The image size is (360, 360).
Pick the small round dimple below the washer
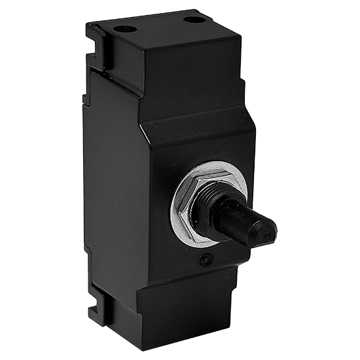point(206,260)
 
